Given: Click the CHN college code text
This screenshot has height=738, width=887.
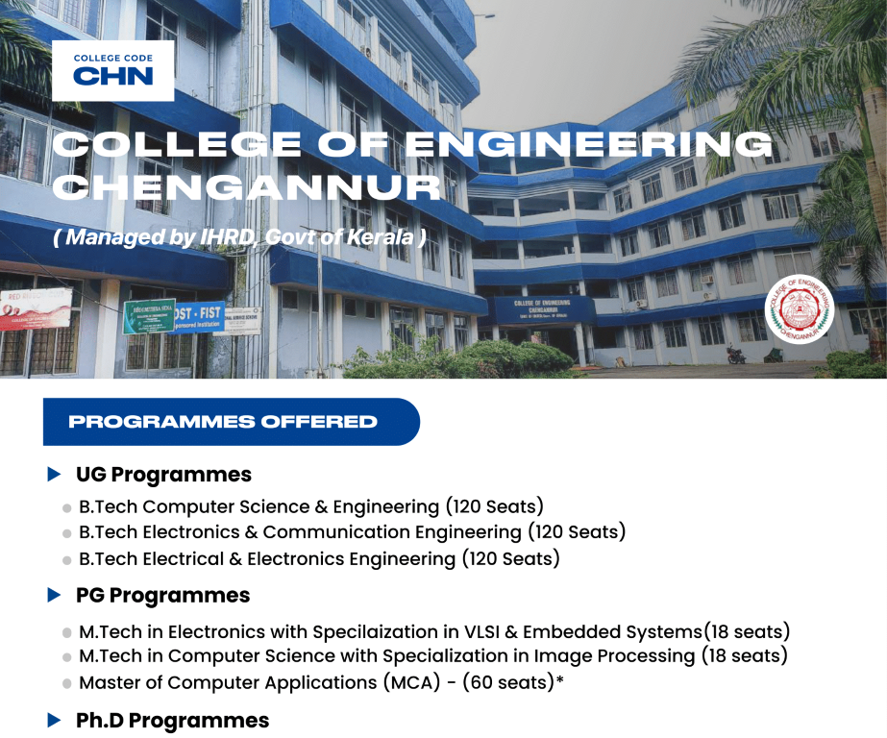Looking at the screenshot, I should (112, 76).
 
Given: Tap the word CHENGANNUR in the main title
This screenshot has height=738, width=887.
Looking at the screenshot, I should (246, 187).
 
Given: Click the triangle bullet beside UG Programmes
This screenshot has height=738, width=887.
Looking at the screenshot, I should (55, 475).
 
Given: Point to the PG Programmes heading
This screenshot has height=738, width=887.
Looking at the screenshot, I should (162, 596).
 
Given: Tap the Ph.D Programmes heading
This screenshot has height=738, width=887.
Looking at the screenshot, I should (172, 721).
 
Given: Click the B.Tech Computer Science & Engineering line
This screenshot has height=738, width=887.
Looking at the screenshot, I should (311, 506).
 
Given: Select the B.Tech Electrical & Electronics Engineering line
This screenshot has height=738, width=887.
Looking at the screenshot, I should (319, 558).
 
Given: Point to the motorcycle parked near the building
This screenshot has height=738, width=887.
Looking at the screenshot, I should (736, 355).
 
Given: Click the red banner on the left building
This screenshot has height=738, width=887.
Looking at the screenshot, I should (35, 307).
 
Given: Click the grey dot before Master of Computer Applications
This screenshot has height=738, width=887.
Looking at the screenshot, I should (67, 684).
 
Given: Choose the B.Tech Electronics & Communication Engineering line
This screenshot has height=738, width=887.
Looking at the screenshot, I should (352, 532).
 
